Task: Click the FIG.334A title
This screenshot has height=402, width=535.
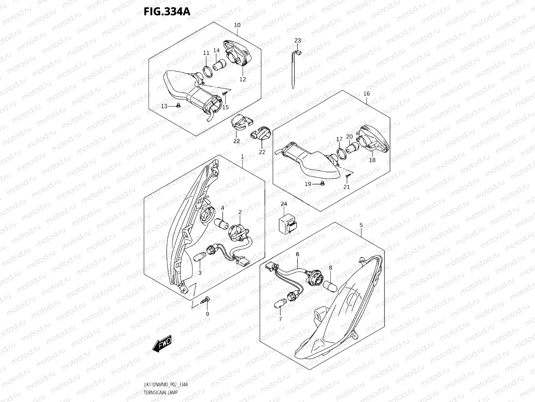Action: [167, 11]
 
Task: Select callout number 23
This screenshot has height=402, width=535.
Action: [297, 41]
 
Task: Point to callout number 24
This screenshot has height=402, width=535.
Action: [284, 204]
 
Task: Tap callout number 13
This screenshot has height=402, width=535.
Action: [164, 106]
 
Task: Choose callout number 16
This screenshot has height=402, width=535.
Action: [366, 94]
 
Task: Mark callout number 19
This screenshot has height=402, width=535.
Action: [308, 184]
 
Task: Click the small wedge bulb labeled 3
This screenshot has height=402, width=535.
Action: [199, 258]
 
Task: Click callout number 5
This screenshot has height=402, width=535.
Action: [361, 225]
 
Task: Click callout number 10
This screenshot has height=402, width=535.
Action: [237, 25]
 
